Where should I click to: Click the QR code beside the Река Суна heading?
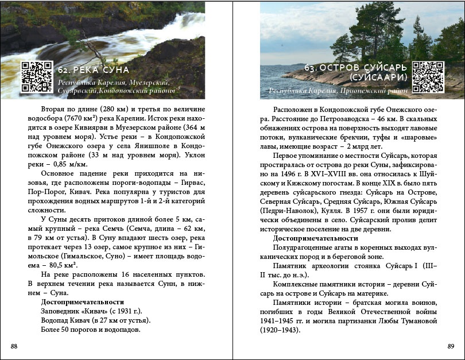[x=37, y=76]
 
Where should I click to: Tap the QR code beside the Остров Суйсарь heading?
[x=427, y=76]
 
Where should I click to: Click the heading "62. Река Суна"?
[x=94, y=70]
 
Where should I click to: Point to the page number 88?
[x=14, y=346]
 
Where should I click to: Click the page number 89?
[x=451, y=346]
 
